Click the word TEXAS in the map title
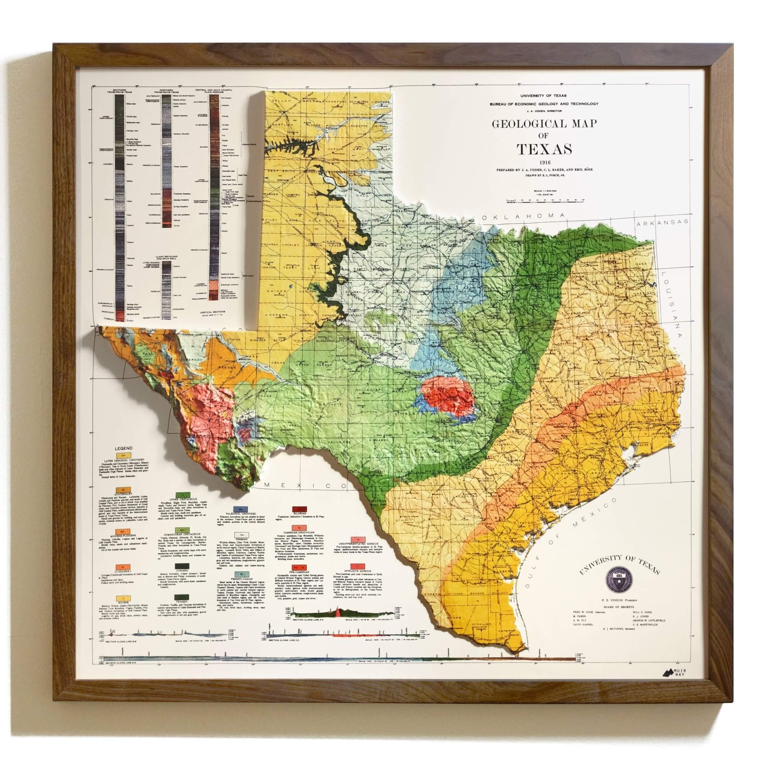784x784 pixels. [x=544, y=149]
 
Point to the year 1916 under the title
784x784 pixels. [x=544, y=163]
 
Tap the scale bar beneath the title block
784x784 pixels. [x=544, y=200]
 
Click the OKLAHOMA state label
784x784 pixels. [x=523, y=216]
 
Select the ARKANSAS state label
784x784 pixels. [x=662, y=222]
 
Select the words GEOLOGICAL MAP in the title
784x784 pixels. [x=544, y=123]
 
